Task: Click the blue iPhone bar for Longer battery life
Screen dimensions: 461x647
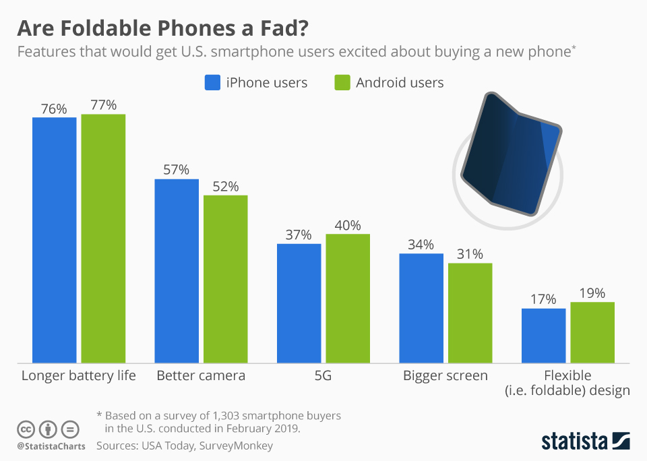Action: (55, 240)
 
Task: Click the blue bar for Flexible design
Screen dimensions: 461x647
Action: (544, 336)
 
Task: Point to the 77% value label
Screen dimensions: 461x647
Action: (103, 104)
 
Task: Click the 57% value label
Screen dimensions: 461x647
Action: (177, 169)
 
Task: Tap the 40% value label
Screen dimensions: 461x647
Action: (348, 225)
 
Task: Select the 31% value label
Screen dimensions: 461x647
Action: (470, 254)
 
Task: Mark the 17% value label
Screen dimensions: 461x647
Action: (543, 299)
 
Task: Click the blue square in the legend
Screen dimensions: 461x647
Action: (212, 83)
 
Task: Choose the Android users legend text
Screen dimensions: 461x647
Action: (400, 83)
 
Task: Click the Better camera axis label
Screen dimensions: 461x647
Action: (201, 375)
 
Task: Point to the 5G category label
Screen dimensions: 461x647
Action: (323, 375)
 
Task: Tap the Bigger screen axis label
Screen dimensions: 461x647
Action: (445, 375)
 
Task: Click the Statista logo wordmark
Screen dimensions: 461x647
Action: (575, 441)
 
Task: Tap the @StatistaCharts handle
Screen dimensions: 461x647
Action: (51, 446)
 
